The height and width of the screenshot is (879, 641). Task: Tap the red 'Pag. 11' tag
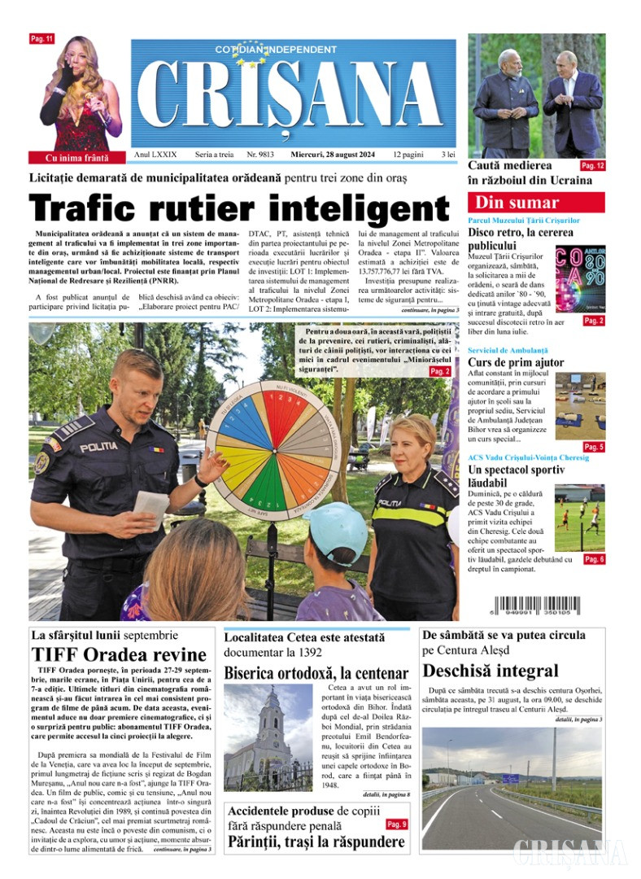[41, 39]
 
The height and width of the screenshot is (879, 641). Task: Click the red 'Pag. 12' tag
[592, 165]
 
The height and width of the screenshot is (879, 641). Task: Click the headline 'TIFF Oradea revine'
[119, 654]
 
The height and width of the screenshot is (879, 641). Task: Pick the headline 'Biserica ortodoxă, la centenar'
[316, 673]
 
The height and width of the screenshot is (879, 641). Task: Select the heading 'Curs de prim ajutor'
[516, 362]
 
